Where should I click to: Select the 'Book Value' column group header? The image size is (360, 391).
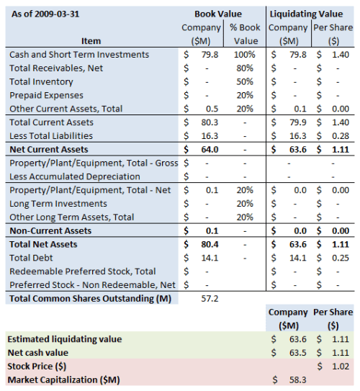pyautogui.click(x=218, y=14)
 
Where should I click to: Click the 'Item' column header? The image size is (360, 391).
pyautogui.click(x=91, y=41)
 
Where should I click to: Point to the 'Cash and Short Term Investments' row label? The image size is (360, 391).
pyautogui.click(x=79, y=55)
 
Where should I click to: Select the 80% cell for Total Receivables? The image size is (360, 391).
pyautogui.click(x=246, y=68)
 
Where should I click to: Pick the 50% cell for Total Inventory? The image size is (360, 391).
pyautogui.click(x=246, y=81)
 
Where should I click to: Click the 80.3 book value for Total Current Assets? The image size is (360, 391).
pyautogui.click(x=210, y=122)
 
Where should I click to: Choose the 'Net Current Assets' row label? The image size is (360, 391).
pyautogui.click(x=49, y=149)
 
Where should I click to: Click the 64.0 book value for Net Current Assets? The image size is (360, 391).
pyautogui.click(x=210, y=149)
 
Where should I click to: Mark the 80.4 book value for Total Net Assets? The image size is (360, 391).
pyautogui.click(x=210, y=244)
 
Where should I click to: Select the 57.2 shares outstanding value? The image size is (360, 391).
pyautogui.click(x=210, y=297)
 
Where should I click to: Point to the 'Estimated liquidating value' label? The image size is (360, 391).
pyautogui.click(x=65, y=338)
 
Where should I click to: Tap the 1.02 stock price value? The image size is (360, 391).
pyautogui.click(x=341, y=365)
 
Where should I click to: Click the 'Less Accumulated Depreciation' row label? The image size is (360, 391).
pyautogui.click(x=76, y=176)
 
